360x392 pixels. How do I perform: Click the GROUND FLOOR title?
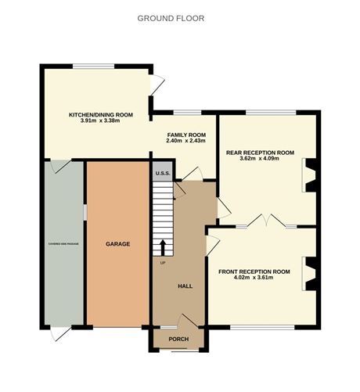(171, 17)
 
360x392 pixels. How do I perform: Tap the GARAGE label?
(117, 244)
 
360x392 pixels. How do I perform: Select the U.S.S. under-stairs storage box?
(163, 173)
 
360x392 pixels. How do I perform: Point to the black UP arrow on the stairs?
(164, 247)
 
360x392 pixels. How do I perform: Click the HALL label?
(185, 286)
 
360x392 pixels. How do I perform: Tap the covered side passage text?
(63, 243)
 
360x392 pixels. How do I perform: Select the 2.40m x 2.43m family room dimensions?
(186, 141)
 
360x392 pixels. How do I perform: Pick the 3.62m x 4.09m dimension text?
(260, 160)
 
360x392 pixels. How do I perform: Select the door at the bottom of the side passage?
(56, 333)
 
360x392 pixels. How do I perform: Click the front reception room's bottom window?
(262, 325)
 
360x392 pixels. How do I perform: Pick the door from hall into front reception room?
(212, 242)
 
